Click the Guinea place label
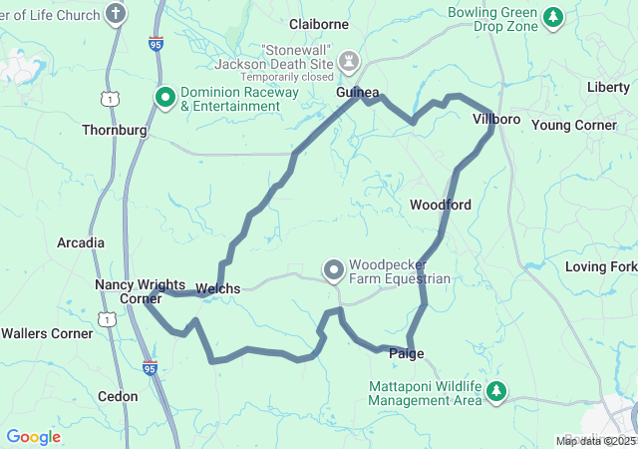[357, 92]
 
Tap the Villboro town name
[496, 119]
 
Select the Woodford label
[440, 205]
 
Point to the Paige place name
[406, 353]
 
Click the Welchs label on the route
[217, 288]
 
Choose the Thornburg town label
[114, 130]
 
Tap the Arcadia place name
[81, 242]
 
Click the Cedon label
[118, 396]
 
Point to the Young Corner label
[574, 125]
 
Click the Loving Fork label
[600, 266]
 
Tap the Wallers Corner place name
[46, 332]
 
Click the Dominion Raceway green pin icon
[165, 97]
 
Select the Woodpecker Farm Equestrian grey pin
[333, 269]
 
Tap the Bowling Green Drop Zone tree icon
[554, 16]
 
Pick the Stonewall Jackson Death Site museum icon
[348, 61]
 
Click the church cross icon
[117, 14]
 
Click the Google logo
[33, 437]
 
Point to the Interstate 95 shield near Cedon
[150, 368]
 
